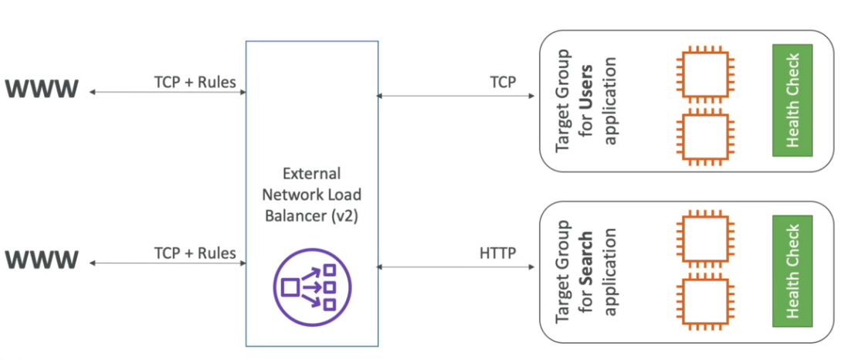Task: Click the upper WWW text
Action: click(42, 91)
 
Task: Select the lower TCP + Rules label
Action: click(195, 253)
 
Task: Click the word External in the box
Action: click(312, 173)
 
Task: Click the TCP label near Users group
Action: click(503, 83)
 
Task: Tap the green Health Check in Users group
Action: click(792, 100)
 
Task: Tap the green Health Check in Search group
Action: click(792, 271)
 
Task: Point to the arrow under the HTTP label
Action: click(456, 267)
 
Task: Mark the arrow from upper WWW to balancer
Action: click(167, 93)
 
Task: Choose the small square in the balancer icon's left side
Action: click(291, 288)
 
